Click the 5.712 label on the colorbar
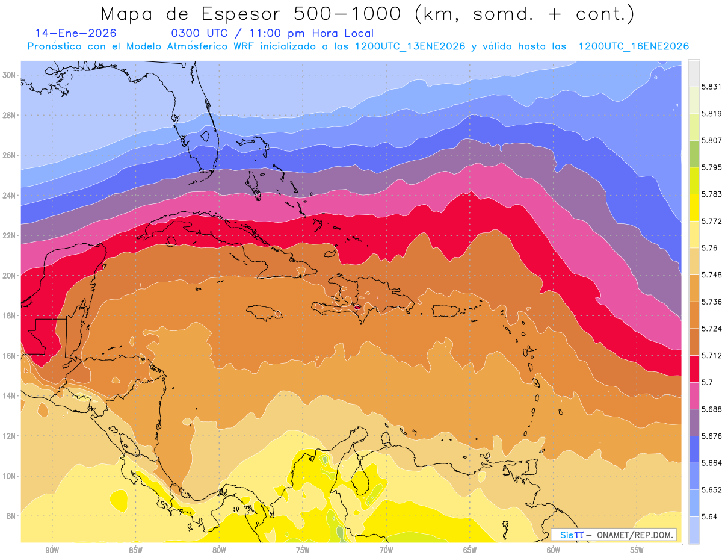click(711, 355)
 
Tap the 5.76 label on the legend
click(709, 247)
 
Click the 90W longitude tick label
click(52, 550)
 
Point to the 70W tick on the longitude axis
click(386, 550)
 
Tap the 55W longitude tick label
click(637, 550)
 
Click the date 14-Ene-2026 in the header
click(76, 34)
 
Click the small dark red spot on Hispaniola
click(357, 307)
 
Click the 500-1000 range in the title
click(349, 13)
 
